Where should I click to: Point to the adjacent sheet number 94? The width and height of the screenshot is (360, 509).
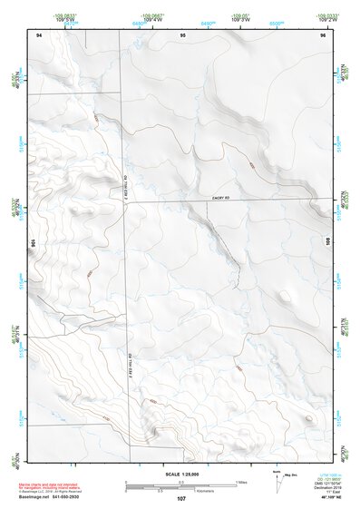[39, 34]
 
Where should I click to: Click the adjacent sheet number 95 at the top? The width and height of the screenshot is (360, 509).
[182, 34]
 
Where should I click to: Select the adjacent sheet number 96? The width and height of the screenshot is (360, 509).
[321, 34]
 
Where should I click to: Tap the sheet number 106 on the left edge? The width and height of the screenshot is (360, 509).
[33, 244]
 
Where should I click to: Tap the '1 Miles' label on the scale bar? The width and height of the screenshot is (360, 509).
[240, 481]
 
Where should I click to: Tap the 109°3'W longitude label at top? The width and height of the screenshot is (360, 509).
[239, 19]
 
